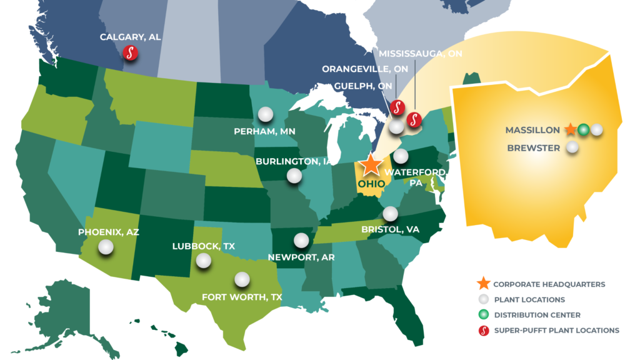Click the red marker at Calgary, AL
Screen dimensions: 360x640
130,52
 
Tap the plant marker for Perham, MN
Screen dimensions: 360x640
266,114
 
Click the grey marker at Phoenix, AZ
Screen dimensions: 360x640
106,247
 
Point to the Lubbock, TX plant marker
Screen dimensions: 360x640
203,261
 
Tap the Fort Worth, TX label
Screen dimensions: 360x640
242,297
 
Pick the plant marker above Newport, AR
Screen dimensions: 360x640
301,240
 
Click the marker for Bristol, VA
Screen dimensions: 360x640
391,214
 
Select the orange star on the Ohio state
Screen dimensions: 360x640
371,164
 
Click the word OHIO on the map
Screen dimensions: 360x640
371,184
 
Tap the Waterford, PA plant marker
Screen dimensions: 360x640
401,156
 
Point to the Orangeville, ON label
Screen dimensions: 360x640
365,69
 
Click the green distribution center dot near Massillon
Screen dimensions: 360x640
583,130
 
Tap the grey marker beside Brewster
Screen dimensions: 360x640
571,149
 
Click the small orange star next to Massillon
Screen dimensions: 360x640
569,130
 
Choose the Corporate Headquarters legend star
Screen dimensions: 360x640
484,284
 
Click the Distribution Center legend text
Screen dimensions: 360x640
537,315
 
